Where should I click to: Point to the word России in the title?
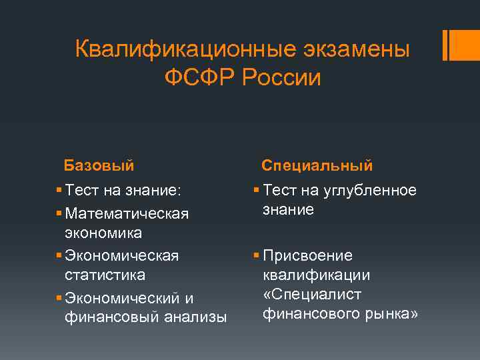point(282,78)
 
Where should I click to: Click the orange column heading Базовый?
point(99,165)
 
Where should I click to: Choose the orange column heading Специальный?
point(317,165)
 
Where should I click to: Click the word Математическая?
point(127,214)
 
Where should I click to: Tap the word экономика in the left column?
point(103,233)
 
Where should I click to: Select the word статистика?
point(105,275)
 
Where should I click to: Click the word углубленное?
point(370,191)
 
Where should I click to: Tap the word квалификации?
point(317,275)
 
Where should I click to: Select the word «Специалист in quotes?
point(313,294)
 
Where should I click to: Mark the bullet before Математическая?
point(60,214)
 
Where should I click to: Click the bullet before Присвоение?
point(257,256)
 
